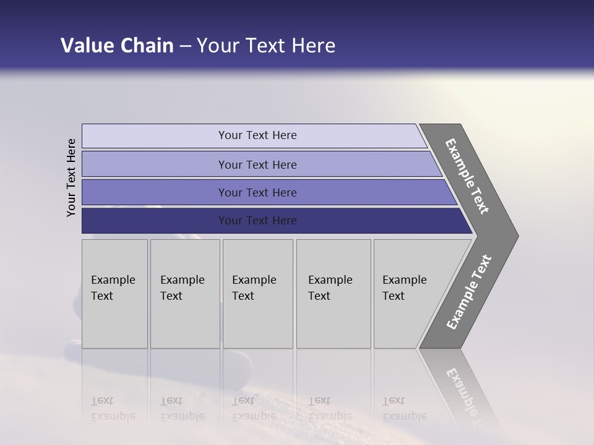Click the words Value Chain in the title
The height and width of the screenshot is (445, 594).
[x=117, y=46]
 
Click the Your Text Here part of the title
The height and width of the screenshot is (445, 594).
[x=266, y=46]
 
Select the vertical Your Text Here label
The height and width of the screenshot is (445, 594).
[x=72, y=177]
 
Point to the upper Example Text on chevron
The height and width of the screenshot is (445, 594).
[x=467, y=176]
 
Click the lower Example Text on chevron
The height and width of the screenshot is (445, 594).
[x=468, y=292]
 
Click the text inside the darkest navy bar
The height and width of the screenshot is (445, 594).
[x=257, y=221]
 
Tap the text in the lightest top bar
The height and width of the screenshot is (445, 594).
[x=257, y=135]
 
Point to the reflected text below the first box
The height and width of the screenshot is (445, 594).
[x=113, y=409]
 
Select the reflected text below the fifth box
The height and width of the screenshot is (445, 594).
[x=404, y=409]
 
